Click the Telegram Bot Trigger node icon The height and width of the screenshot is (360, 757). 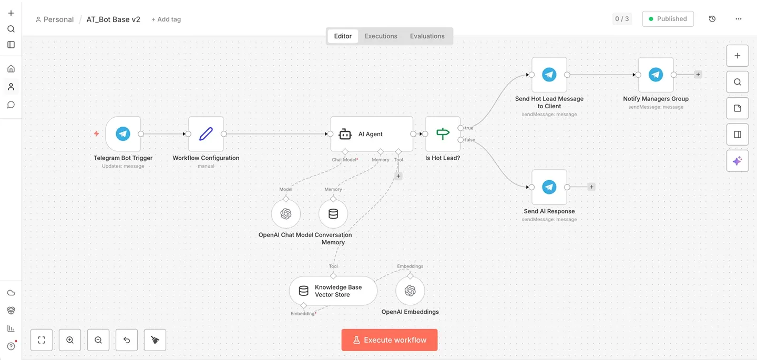point(123,133)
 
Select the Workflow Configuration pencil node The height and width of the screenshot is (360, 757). point(206,133)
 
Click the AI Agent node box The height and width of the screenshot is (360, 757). point(372,133)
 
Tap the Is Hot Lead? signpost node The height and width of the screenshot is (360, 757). point(443,133)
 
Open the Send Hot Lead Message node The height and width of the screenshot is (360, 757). point(549,75)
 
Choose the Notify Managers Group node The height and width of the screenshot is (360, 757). point(656,75)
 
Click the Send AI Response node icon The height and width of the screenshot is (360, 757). point(549,187)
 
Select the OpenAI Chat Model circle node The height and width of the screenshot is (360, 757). point(286,214)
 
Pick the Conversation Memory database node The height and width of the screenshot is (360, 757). point(333,214)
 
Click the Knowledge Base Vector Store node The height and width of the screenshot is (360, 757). point(333,291)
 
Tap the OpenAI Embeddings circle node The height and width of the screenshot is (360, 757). point(410,291)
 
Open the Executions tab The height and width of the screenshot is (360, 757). point(381,36)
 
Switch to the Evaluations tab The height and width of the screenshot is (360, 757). point(427,36)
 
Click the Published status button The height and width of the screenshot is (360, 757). point(668,19)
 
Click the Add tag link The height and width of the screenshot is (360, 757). point(166,19)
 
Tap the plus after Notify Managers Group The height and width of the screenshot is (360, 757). point(698,74)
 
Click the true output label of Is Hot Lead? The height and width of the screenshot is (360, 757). point(469,128)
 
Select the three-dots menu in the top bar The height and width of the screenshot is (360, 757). point(739,19)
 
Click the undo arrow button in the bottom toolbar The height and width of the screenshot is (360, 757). point(127,340)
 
